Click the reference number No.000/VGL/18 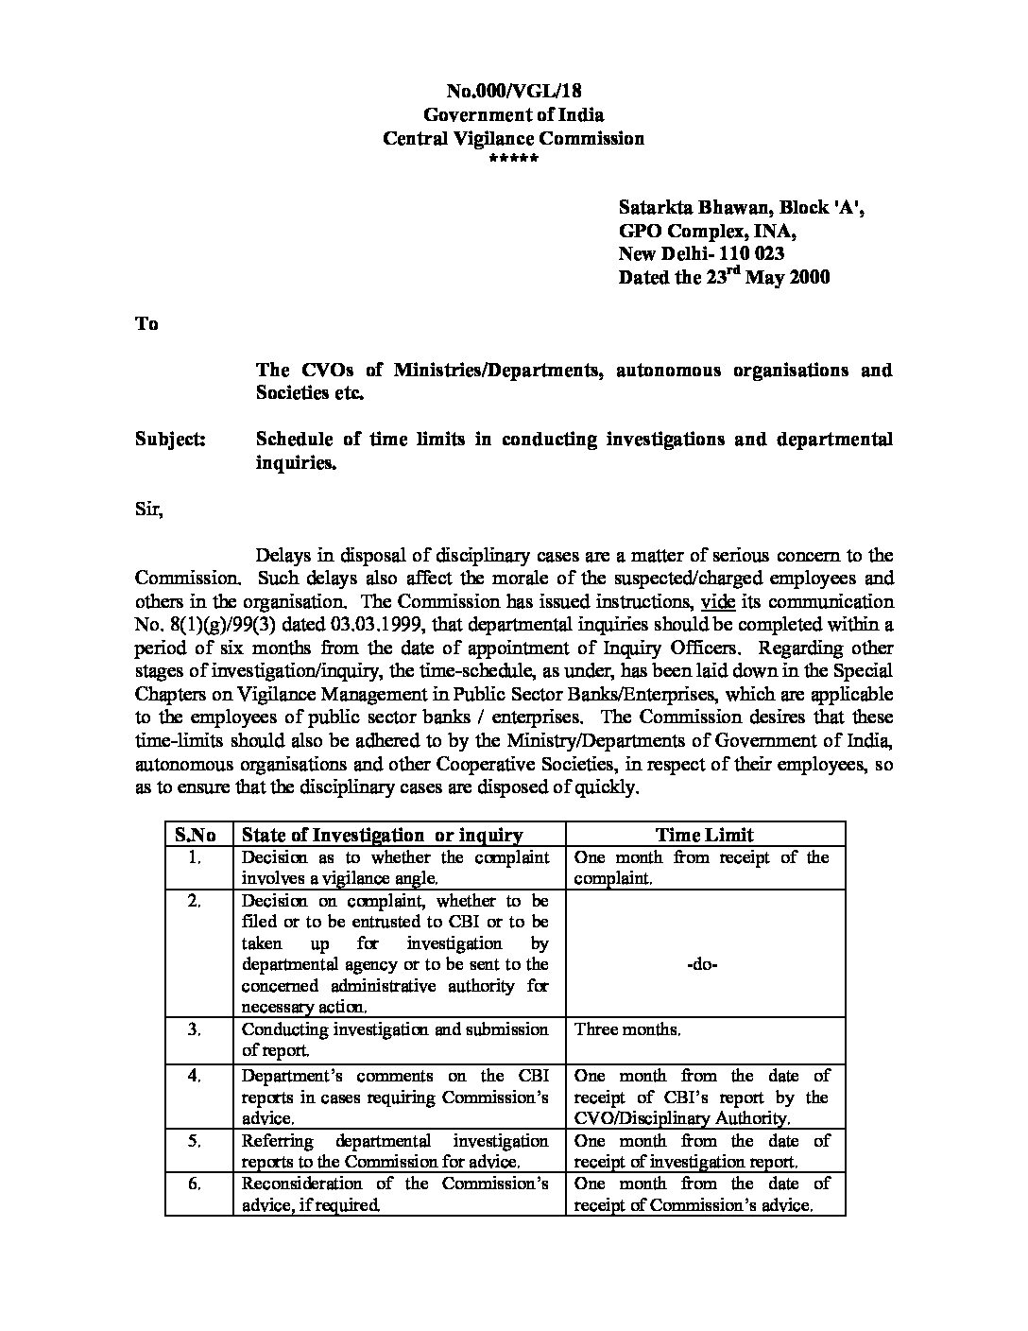[x=513, y=91]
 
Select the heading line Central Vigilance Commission [x=513, y=138]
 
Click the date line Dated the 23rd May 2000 [x=724, y=277]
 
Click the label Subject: [x=170, y=440]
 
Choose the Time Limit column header [x=705, y=834]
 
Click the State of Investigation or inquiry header [x=383, y=834]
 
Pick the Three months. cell [x=627, y=1029]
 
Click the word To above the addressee [x=146, y=323]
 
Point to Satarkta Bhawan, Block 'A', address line [x=741, y=207]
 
